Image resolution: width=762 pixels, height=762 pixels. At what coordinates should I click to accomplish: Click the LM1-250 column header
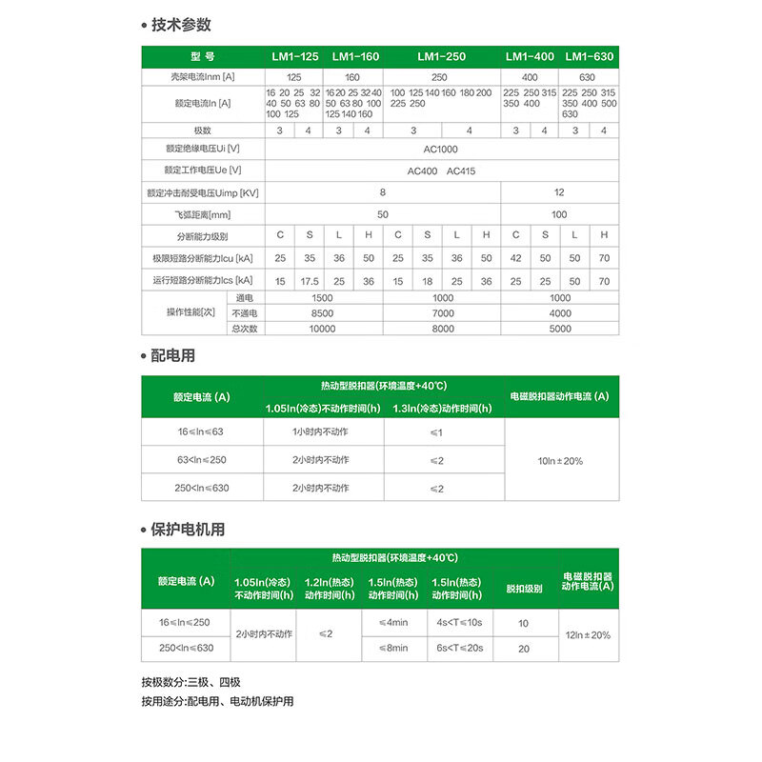(441, 57)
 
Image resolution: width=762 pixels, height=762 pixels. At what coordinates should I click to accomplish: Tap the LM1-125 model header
(295, 57)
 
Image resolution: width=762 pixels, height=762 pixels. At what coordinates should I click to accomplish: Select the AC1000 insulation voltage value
(440, 150)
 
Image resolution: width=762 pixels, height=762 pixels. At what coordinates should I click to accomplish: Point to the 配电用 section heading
(173, 355)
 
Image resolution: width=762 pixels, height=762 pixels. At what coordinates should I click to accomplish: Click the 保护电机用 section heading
(188, 530)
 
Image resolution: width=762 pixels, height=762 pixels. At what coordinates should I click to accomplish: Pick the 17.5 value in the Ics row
(310, 281)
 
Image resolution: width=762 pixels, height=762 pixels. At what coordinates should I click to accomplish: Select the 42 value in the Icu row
(515, 258)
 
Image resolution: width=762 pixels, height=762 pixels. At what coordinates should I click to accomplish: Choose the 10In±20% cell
(560, 461)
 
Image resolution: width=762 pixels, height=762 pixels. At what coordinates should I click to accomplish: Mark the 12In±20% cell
(587, 634)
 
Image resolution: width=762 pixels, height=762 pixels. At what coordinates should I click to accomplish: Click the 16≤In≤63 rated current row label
(201, 432)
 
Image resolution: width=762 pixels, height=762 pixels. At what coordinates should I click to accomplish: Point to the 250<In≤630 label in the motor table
(187, 648)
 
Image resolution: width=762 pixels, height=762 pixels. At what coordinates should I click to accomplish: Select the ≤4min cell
(392, 623)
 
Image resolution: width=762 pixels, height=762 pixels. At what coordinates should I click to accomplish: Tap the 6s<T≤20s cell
(460, 648)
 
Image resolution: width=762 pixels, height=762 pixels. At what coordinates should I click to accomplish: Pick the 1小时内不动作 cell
(322, 432)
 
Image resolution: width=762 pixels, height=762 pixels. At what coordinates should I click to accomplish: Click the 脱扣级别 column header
(524, 590)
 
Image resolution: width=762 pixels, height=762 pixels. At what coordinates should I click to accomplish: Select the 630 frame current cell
(587, 77)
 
